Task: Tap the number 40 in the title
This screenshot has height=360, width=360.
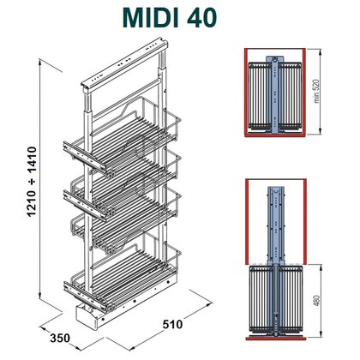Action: click(x=202, y=18)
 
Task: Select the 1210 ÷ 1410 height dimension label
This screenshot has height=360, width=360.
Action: click(x=32, y=182)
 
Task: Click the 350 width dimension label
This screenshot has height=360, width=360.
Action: click(x=60, y=338)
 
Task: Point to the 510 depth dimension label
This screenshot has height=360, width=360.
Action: click(x=172, y=324)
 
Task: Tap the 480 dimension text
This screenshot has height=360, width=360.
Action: click(x=317, y=300)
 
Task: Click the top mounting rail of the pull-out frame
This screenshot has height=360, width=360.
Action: click(x=123, y=63)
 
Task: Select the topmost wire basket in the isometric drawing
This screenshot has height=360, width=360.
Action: click(x=123, y=135)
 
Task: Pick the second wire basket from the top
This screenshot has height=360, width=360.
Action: click(x=123, y=180)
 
